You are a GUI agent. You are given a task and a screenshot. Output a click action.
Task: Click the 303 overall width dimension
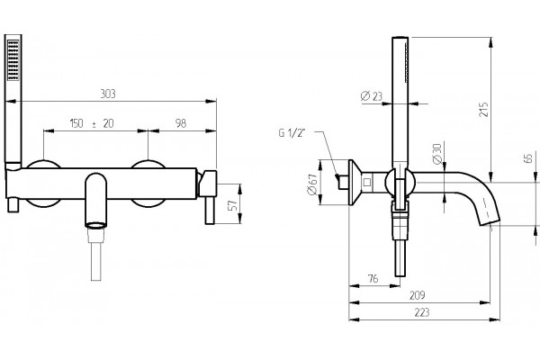click(x=108, y=94)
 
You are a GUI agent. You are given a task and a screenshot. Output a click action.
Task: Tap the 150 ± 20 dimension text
click(x=92, y=123)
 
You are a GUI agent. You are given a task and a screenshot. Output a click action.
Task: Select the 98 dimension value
click(x=181, y=123)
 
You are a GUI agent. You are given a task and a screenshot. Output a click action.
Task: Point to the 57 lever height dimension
click(x=234, y=204)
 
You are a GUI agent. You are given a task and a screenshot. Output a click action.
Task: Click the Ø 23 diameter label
click(x=371, y=95)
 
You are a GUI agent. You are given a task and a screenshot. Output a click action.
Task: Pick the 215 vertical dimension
click(x=484, y=109)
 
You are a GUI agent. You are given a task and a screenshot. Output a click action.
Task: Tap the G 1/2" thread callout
click(x=292, y=133)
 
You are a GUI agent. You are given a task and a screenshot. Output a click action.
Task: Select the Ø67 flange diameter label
click(x=312, y=184)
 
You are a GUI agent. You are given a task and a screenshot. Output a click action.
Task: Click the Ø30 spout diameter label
click(x=437, y=154)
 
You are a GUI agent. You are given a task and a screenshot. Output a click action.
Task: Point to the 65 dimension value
click(x=528, y=158)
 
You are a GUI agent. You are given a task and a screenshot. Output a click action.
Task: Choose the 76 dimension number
click(x=373, y=278)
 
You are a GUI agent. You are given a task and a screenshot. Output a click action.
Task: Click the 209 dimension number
click(x=418, y=295)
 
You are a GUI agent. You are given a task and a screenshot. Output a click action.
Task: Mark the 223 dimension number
click(x=422, y=312)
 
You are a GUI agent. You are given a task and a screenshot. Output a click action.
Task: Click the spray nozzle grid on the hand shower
click(x=13, y=60)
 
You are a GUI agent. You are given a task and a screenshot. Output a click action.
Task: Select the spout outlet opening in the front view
click(x=95, y=225)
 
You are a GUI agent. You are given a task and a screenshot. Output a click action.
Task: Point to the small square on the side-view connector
click(x=367, y=182)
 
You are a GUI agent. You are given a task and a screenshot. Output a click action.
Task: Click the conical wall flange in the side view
click(x=355, y=183)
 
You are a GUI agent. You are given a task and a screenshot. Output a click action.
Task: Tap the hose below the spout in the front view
click(x=96, y=262)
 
